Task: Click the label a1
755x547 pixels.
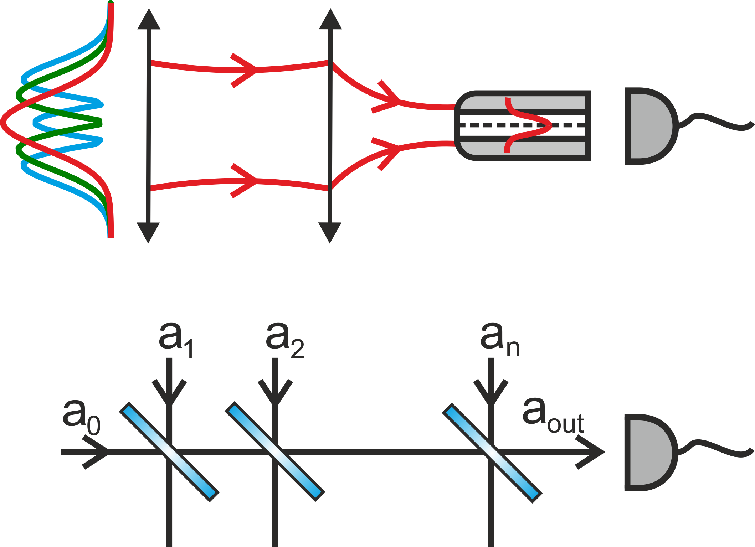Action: pos(176,340)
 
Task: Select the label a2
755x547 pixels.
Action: pos(284,340)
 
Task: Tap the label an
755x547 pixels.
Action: pos(499,340)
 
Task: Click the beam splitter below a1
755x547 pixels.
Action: pos(169,452)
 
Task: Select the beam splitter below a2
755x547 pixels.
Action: pos(275,452)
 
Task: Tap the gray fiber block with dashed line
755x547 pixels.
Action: pos(522,125)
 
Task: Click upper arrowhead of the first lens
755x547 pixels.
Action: pos(149,20)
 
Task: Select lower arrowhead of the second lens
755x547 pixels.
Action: pos(330,232)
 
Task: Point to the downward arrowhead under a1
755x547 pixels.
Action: pos(169,394)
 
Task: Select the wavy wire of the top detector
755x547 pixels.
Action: pos(717,121)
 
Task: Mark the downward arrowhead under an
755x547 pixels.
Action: pos(491,394)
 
